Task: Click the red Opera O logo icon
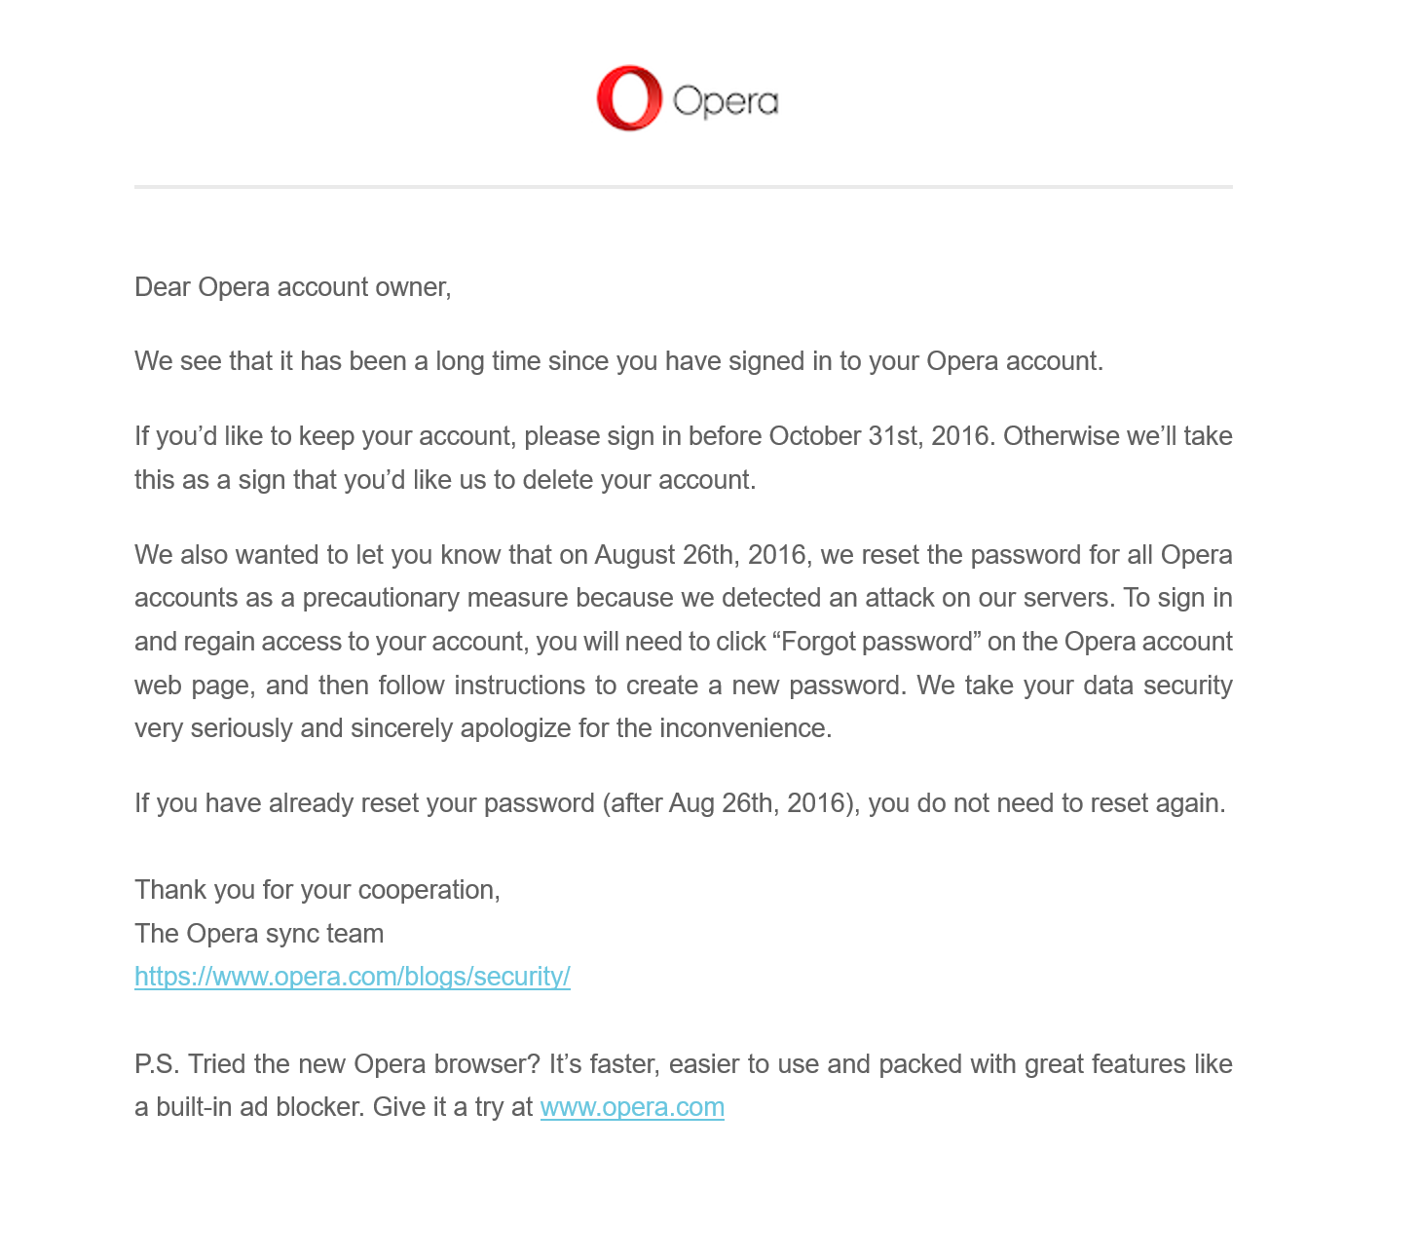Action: (629, 98)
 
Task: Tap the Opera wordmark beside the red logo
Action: (726, 101)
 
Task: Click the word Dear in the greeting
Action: (163, 287)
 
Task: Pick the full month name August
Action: (635, 555)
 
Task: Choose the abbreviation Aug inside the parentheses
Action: (691, 803)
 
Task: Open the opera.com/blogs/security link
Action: (353, 977)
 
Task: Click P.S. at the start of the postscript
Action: (157, 1064)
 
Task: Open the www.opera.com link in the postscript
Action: (632, 1107)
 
